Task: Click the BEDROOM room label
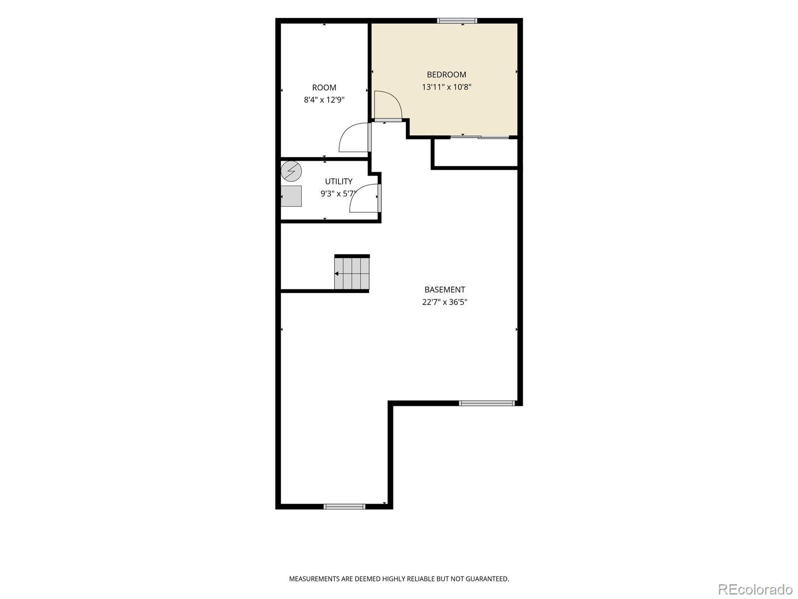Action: [446, 74]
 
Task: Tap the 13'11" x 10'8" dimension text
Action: [446, 87]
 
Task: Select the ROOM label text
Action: [324, 88]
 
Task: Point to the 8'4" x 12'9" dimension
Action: [324, 100]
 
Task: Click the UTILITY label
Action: [339, 181]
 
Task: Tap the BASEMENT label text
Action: [444, 290]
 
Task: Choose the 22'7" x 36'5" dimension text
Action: [444, 302]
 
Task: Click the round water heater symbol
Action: [291, 171]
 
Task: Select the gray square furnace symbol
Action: [291, 196]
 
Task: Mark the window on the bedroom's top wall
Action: [457, 21]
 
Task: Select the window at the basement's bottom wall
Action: [344, 506]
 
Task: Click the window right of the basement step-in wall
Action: [487, 403]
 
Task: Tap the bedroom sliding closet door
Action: [479, 137]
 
